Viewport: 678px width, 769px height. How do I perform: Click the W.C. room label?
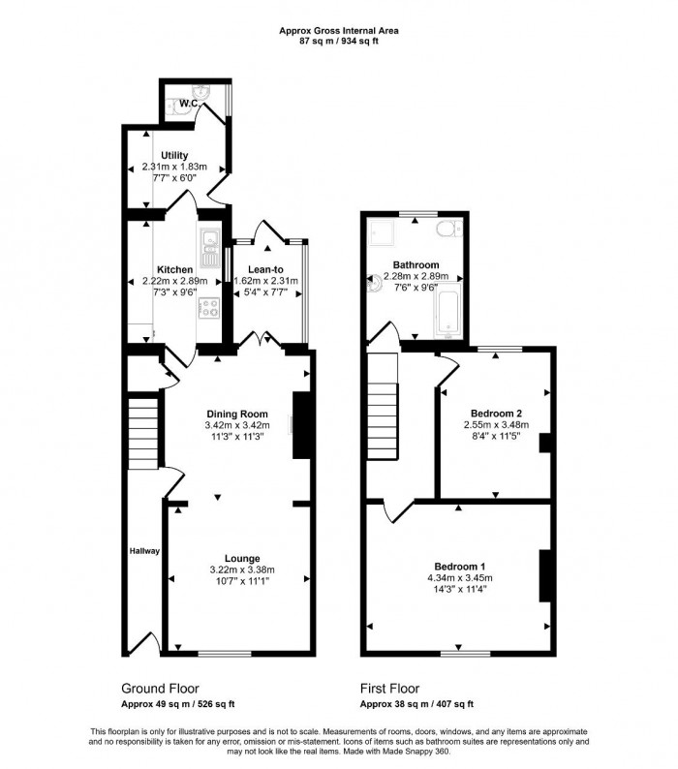point(188,104)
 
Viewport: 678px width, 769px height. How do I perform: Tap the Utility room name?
point(174,155)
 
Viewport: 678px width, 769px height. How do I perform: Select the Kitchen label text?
point(174,269)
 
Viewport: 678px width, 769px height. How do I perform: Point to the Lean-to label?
point(266,269)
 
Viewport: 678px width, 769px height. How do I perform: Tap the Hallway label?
point(144,551)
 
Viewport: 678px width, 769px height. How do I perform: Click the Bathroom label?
point(416,264)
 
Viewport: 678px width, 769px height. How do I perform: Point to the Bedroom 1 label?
point(459,566)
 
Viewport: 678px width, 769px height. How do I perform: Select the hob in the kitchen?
point(210,309)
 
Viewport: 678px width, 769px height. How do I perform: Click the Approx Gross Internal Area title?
point(339,30)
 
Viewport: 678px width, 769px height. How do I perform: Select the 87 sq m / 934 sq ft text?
point(339,42)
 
